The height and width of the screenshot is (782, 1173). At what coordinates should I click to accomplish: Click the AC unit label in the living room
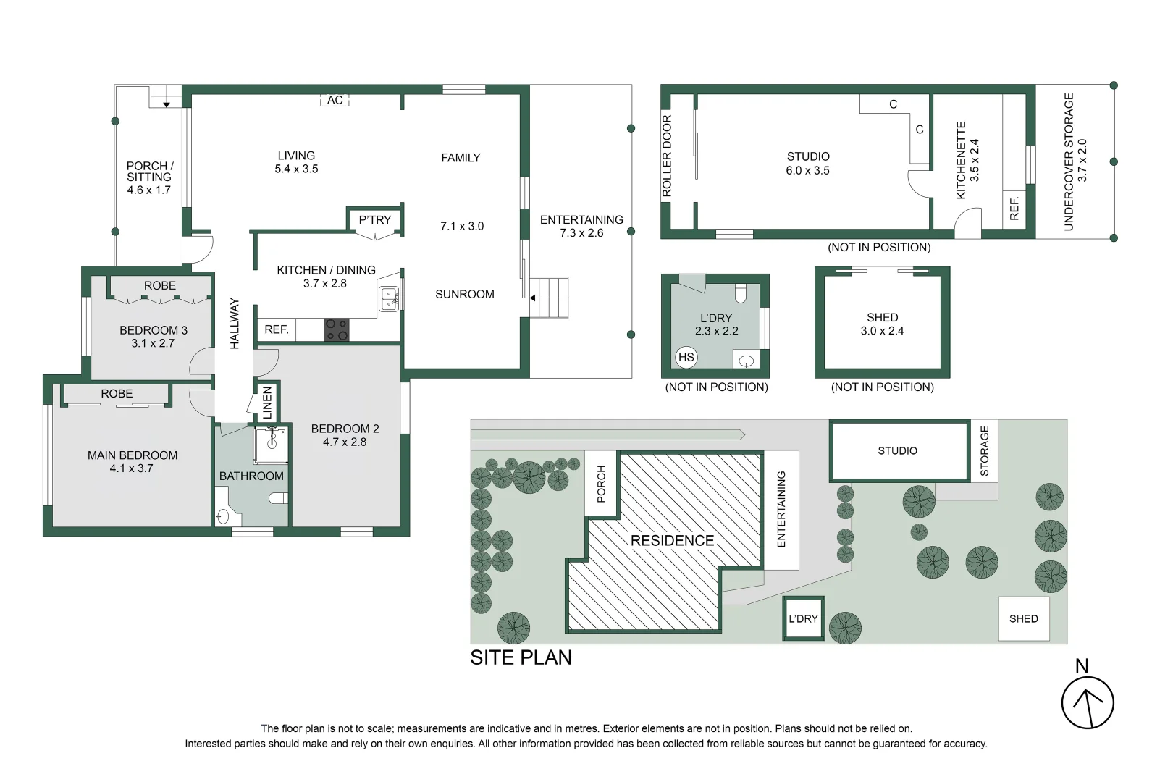point(335,100)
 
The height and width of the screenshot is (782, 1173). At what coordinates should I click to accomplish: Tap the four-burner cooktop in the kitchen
point(336,329)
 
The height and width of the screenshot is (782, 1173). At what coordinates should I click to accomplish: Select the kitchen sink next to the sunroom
point(389,298)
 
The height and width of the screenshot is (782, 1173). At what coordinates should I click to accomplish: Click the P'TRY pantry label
point(374,219)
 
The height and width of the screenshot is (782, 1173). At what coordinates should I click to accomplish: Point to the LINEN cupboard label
point(267,403)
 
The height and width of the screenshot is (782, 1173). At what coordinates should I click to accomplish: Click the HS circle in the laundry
point(686,357)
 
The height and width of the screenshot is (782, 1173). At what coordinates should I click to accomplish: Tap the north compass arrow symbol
point(1088,702)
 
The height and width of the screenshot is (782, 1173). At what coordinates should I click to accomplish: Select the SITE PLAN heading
point(521,657)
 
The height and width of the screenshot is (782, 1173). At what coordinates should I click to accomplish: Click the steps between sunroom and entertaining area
point(550,298)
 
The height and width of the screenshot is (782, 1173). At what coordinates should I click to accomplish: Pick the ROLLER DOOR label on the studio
point(668,156)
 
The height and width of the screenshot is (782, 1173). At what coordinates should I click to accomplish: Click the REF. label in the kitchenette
point(1014,209)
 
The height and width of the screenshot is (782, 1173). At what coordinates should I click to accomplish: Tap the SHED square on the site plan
point(1023,618)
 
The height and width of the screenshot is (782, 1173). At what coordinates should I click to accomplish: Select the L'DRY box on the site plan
point(803,618)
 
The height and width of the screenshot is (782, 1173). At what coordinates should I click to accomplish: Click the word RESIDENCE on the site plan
point(672,540)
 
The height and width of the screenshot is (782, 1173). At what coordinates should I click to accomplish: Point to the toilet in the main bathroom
point(279,498)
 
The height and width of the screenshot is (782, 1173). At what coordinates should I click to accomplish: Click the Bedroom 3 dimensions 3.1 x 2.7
point(153,343)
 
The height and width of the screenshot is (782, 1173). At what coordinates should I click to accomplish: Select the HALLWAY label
point(235,324)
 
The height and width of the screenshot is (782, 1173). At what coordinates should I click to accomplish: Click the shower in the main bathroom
point(271,444)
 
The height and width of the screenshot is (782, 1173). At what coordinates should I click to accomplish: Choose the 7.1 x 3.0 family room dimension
point(462,226)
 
